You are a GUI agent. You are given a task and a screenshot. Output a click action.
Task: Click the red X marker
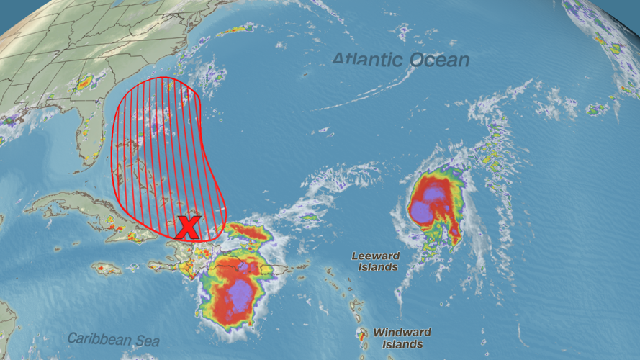pyautogui.click(x=188, y=228)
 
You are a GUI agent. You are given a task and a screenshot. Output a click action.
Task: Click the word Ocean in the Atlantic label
pyautogui.click(x=439, y=60)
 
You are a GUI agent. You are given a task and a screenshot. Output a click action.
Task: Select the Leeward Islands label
pyautogui.click(x=374, y=261)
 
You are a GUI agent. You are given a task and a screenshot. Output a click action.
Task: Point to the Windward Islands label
pyautogui.click(x=402, y=338)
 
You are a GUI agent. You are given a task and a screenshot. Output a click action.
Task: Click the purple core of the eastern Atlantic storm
pyautogui.click(x=428, y=203)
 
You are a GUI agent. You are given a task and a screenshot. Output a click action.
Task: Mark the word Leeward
pyautogui.click(x=374, y=256)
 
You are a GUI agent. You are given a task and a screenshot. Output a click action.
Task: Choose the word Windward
pyautogui.click(x=402, y=333)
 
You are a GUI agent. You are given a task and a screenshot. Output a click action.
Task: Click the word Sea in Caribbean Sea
pyautogui.click(x=148, y=341)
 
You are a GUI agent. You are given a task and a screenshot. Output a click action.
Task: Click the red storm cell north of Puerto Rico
pyautogui.click(x=250, y=232)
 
